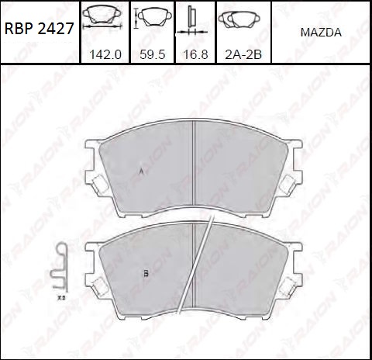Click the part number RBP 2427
click(x=40, y=29)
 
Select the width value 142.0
click(x=105, y=54)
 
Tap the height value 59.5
click(x=153, y=54)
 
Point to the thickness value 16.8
click(x=195, y=54)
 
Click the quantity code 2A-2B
click(x=243, y=54)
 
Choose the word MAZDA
click(x=321, y=33)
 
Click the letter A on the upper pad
click(x=141, y=171)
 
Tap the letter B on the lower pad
click(x=146, y=273)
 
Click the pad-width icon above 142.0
click(x=102, y=17)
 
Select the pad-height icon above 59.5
click(x=153, y=17)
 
